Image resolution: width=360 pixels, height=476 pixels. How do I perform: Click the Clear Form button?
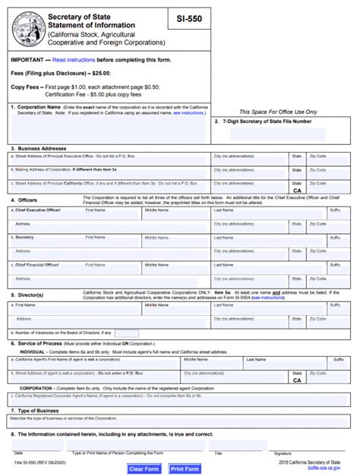[x=144, y=469]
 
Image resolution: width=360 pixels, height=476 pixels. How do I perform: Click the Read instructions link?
[x=74, y=59]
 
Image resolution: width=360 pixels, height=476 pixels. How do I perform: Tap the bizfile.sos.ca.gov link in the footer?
[x=324, y=468]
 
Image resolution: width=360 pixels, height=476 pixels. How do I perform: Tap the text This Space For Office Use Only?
[x=278, y=112]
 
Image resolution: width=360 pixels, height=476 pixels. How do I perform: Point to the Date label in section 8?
[x=17, y=453]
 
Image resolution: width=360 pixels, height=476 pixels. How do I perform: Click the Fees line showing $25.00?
[x=61, y=73]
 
